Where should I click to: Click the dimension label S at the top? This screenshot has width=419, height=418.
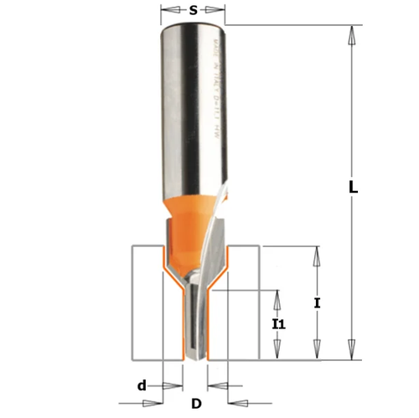[194, 11]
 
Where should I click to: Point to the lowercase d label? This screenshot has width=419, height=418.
[142, 385]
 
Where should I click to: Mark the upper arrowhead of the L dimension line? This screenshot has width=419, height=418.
[353, 33]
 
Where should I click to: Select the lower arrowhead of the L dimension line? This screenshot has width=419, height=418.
[353, 353]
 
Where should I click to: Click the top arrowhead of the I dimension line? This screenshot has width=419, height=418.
[316, 252]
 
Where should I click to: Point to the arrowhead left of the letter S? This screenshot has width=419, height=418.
[167, 12]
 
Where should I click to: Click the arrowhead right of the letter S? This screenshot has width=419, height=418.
[220, 12]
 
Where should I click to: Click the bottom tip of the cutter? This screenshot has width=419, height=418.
[195, 358]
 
